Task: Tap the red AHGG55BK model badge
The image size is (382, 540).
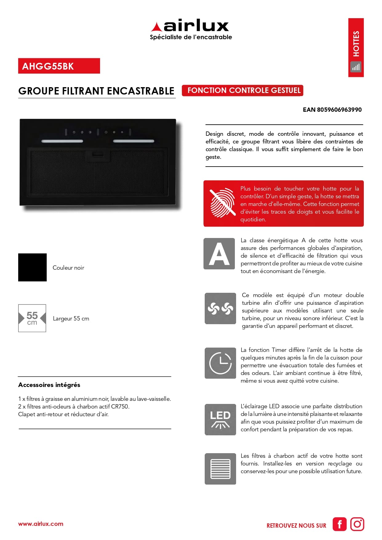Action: pos(59,66)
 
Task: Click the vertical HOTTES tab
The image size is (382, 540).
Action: pos(356,47)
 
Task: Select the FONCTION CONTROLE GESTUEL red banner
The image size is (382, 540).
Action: pos(243,91)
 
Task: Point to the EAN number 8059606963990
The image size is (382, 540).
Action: pos(332,110)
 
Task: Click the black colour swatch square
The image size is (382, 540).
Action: pos(32,267)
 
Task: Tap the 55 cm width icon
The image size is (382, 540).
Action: pos(32,318)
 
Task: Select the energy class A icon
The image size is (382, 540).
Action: pos(219,254)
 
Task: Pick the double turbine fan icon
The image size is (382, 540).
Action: pos(220,308)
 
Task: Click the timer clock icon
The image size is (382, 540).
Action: pos(220,363)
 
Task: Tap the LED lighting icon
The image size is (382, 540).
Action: pos(220,419)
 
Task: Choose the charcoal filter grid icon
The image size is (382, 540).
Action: pos(220,469)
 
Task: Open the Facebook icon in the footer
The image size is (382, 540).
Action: pos(339,524)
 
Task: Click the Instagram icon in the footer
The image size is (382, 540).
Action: pos(357,524)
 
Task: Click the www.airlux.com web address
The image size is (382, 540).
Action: pos(41,524)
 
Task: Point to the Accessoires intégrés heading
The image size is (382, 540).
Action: pos(49,385)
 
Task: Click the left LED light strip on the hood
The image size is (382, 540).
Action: pos(62,141)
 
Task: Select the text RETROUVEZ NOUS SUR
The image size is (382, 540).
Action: pos(296,526)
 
